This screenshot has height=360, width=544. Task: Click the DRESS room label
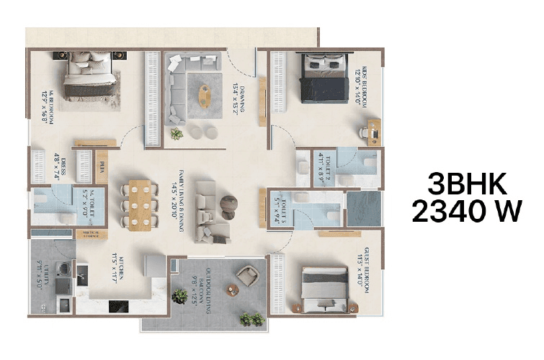coord(61,164)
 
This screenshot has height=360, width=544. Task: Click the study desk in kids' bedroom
coord(373,130)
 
